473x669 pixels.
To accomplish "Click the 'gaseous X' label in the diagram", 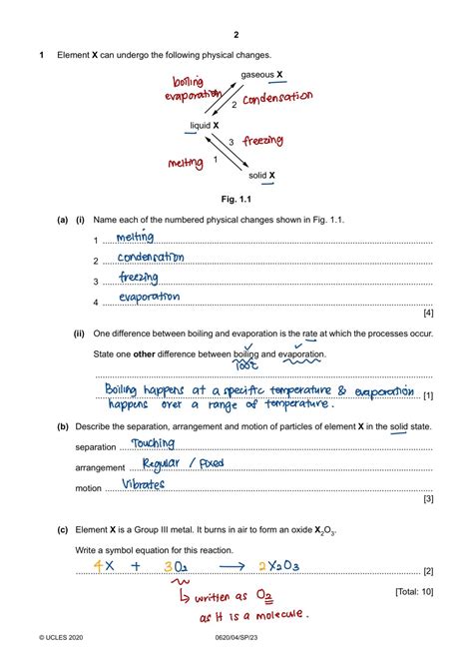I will point(261,75).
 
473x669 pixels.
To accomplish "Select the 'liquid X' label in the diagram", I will point(205,126).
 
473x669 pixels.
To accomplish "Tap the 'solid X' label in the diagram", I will point(262,176).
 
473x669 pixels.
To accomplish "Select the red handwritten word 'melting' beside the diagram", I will point(187,162).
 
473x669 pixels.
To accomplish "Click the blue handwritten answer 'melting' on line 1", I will point(135,238).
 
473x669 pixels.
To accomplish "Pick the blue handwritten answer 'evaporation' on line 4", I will point(149,297).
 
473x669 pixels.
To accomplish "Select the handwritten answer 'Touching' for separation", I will point(153,443).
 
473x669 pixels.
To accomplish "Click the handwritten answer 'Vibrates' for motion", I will point(144,485).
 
